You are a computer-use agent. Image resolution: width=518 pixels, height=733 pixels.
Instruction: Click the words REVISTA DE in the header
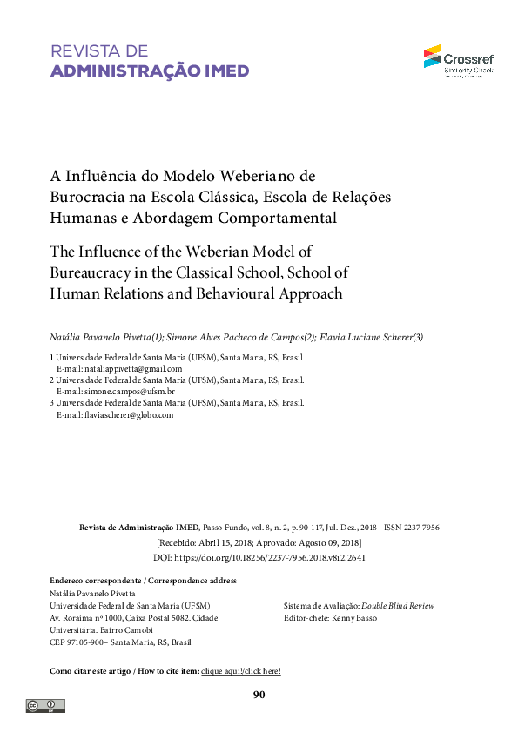(99, 51)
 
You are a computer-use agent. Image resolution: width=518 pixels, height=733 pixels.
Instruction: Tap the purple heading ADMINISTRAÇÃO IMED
(150, 71)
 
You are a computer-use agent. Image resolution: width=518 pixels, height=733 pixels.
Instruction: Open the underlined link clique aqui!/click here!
(241, 671)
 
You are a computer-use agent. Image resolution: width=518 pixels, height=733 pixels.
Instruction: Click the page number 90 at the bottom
(259, 695)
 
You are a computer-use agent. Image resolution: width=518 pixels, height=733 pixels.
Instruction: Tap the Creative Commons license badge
(45, 706)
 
